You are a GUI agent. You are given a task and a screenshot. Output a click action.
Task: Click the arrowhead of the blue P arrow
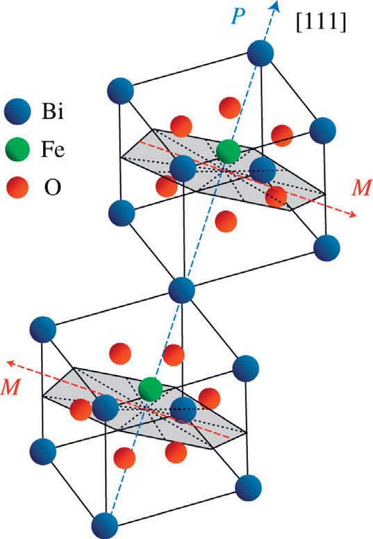point(275,5)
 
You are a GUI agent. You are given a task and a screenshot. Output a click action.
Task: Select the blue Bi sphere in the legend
point(17,111)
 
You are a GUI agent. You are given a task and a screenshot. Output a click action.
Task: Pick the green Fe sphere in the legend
point(17,149)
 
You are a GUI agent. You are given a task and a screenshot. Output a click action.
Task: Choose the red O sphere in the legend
point(17,188)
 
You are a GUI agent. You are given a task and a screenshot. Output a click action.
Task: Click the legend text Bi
point(53,111)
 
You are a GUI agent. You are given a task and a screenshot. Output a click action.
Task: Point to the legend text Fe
point(53,149)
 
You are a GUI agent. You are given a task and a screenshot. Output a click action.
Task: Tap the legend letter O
point(53,188)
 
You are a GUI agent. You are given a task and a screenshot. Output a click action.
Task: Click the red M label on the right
point(361,188)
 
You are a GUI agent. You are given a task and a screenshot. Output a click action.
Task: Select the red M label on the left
point(10,387)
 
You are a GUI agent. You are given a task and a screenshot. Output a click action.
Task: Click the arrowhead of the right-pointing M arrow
point(351,214)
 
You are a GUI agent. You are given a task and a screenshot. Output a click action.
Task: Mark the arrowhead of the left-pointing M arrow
point(12,363)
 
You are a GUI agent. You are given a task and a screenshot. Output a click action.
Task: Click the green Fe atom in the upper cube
point(228,151)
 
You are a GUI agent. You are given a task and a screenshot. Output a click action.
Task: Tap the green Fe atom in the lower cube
point(150,389)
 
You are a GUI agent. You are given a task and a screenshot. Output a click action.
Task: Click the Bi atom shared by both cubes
point(182,290)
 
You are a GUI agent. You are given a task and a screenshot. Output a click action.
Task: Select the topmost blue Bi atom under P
point(260,53)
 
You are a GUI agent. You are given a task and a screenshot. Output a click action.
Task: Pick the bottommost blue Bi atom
point(105,526)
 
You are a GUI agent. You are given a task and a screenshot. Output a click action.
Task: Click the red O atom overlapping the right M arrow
point(276,197)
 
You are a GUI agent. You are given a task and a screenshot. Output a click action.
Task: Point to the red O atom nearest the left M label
point(81,409)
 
